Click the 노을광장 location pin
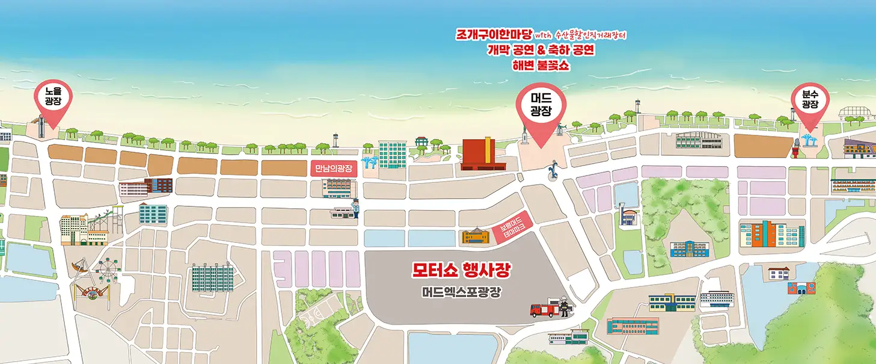(x=54, y=99)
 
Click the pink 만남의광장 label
(x=334, y=168)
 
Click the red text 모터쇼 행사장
(x=461, y=271)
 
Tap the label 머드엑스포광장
(x=461, y=293)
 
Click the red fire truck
(x=544, y=310)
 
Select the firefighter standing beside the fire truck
(x=563, y=308)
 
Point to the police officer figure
(x=355, y=208)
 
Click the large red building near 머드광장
(x=478, y=154)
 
